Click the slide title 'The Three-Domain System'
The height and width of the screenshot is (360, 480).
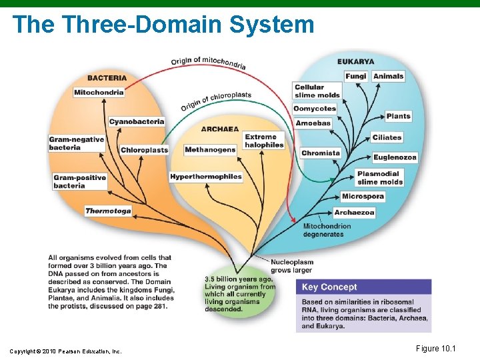(163, 25)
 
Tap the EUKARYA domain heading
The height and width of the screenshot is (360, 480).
(356, 62)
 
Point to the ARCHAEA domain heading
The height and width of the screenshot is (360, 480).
(221, 129)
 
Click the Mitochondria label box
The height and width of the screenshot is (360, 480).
(99, 92)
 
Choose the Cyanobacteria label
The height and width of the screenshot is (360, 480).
(136, 121)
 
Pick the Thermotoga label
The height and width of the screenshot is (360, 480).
(108, 211)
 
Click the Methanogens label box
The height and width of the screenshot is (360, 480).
(210, 150)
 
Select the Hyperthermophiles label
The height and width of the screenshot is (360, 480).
(206, 177)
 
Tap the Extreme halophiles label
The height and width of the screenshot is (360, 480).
(264, 141)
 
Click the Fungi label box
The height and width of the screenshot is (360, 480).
(355, 76)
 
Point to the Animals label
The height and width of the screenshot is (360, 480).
(389, 76)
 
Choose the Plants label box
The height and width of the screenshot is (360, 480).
(398, 116)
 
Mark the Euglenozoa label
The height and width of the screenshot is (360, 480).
(395, 157)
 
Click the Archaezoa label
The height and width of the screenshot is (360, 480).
(354, 212)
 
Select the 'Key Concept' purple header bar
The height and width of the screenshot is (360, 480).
(363, 287)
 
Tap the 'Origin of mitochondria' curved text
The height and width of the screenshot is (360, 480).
(208, 62)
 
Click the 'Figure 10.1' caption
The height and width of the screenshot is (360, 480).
(437, 349)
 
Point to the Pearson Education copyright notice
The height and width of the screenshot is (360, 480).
(65, 351)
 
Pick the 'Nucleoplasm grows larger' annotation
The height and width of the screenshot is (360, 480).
(292, 266)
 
